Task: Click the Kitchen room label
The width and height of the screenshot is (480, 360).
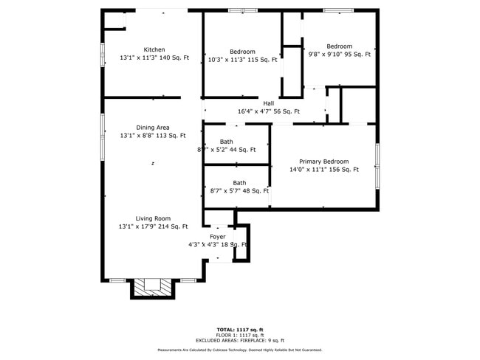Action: coord(154,49)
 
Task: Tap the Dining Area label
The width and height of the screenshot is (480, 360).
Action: coord(153,128)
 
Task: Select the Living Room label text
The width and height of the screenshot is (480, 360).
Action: coord(153,218)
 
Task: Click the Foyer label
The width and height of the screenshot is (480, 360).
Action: coord(217,237)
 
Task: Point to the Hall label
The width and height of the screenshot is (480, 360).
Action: coord(269,103)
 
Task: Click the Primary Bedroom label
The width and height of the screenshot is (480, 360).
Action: coord(323,162)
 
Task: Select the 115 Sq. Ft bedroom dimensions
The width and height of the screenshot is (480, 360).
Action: coord(242,60)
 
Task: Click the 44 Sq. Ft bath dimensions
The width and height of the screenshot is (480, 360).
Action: coord(227,150)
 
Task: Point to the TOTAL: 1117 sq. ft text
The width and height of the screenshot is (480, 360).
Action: coord(240,329)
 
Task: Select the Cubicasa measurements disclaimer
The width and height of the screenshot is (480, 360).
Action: coord(240,350)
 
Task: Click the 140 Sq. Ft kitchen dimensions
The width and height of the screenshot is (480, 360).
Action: coord(154,58)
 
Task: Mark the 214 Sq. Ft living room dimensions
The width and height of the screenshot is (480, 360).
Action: coord(153,226)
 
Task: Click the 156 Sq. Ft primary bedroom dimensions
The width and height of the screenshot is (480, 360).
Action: coord(323,170)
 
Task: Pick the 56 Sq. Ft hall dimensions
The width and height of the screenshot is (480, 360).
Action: coord(269,111)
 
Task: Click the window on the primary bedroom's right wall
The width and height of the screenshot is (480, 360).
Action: coord(377,165)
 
